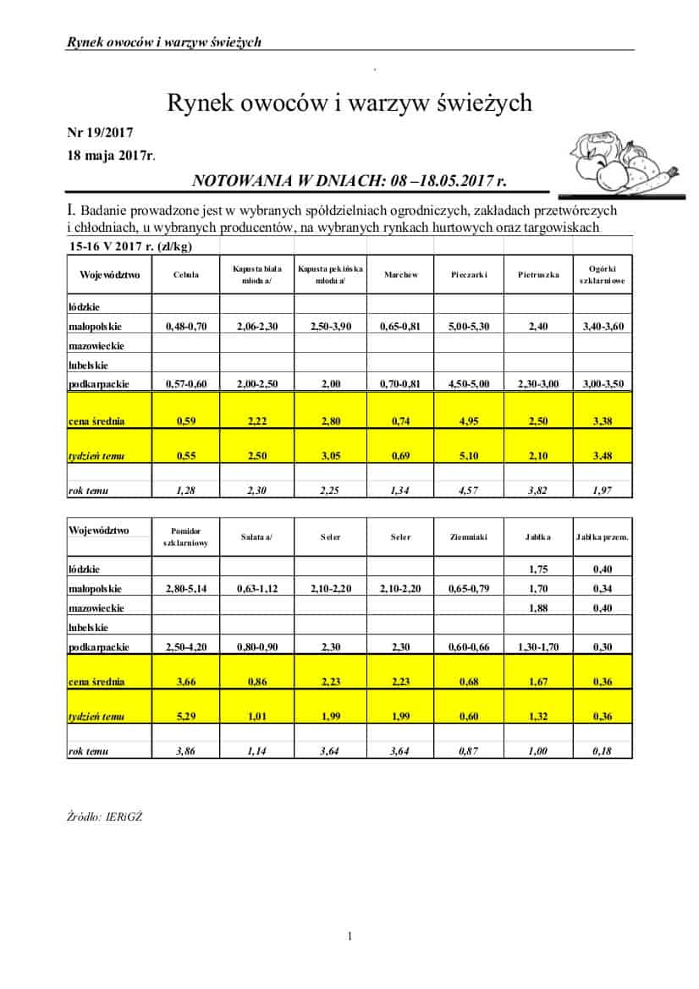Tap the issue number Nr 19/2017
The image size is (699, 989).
coord(100,133)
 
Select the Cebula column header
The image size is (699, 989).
coord(185,275)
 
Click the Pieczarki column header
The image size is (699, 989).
coord(469,275)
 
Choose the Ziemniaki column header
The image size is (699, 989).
coord(469,536)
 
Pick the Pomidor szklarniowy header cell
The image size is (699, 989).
coord(185,536)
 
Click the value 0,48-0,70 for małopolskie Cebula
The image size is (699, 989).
coord(185,326)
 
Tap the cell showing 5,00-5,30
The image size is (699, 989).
coord(469,326)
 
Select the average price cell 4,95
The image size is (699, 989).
coord(469,420)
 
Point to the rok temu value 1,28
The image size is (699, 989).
coord(185,491)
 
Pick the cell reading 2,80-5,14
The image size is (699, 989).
coord(185,589)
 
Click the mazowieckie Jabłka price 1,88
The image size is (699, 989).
coord(539,607)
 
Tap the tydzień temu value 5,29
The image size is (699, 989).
coord(185,717)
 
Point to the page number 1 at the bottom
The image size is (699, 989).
coord(349,936)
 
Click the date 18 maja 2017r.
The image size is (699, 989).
coord(111,155)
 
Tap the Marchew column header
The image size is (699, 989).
coord(400,275)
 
